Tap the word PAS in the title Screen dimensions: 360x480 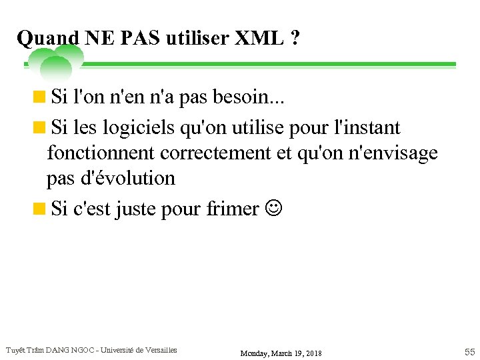[141, 39]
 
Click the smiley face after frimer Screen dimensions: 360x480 [273, 209]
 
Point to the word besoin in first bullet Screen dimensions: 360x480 [249, 99]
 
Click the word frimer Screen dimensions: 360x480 [233, 209]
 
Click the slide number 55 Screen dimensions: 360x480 [469, 351]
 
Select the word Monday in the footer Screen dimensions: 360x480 [255, 353]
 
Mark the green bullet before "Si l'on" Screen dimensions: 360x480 [40, 99]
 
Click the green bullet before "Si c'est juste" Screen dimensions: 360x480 [40, 209]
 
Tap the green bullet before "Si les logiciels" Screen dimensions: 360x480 [40, 127]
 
